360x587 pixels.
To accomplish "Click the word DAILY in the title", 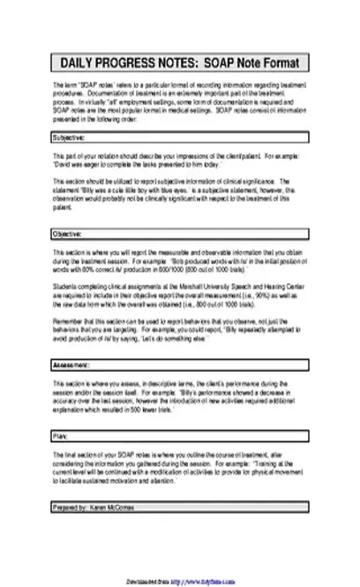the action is point(79,64).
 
